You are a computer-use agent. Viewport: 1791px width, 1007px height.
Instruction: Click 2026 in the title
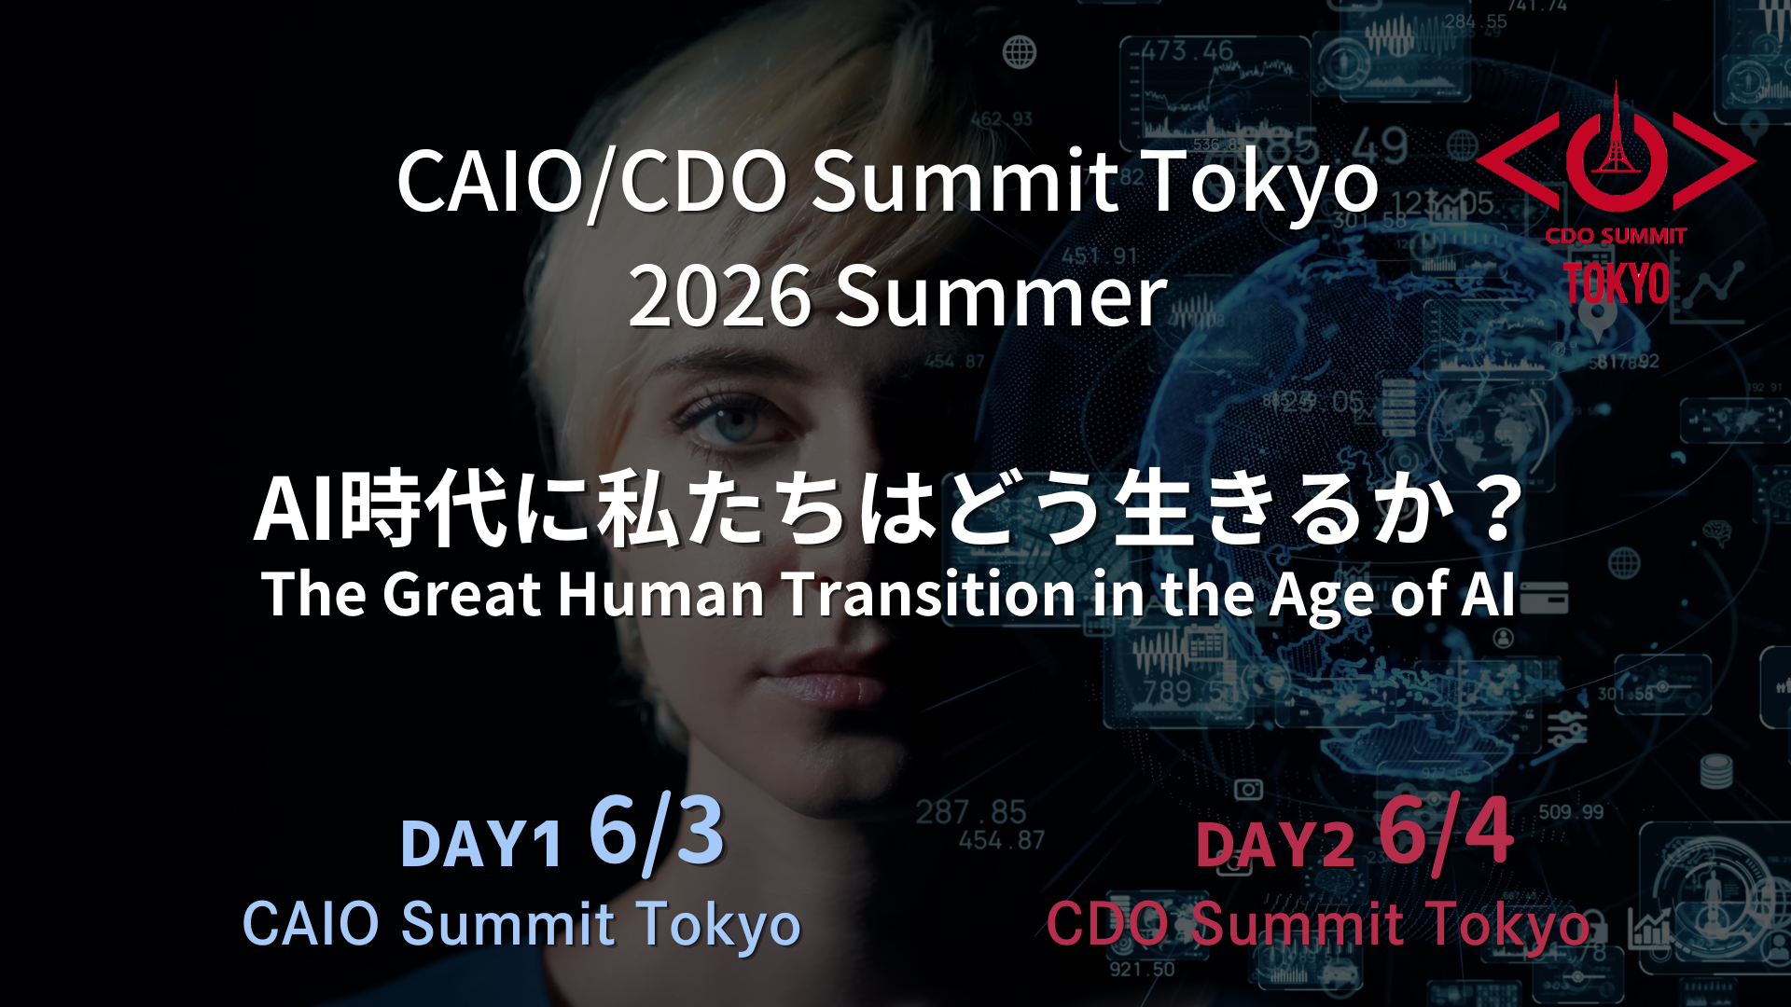click(x=719, y=297)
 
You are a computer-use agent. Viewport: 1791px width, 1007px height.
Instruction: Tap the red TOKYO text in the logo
click(x=1617, y=283)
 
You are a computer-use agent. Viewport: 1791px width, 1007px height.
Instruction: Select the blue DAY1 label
click(x=481, y=845)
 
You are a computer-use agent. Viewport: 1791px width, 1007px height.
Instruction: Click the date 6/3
click(x=657, y=833)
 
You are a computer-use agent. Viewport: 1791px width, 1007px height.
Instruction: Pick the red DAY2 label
click(x=1275, y=845)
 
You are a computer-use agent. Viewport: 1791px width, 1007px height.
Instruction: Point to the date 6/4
click(x=1446, y=832)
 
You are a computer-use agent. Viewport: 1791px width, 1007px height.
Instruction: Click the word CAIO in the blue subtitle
click(x=311, y=924)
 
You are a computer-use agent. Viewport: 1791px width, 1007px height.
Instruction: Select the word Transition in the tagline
click(x=930, y=594)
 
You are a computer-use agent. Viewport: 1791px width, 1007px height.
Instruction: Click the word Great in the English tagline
click(x=462, y=594)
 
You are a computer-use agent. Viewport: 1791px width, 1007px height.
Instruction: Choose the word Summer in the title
click(x=1000, y=297)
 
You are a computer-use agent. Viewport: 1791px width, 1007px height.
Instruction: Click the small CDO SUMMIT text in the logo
click(x=1616, y=236)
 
